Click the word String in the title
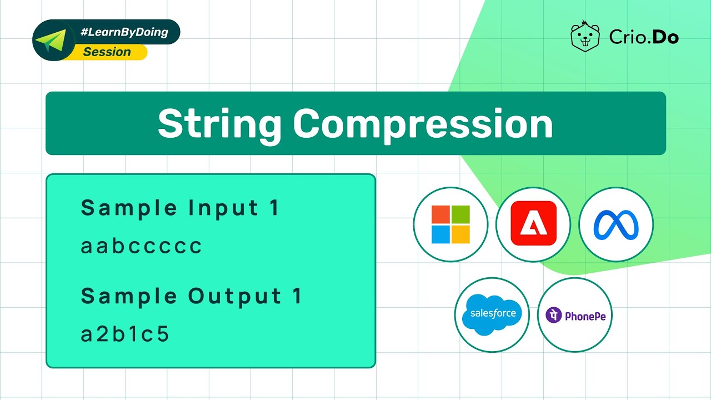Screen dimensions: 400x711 coord(221,123)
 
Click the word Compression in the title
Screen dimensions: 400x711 coord(423,123)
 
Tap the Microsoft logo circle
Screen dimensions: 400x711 coord(450,224)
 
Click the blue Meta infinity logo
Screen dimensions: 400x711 coord(616,224)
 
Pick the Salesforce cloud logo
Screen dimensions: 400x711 coord(492,314)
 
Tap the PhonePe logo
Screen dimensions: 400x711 coord(575,316)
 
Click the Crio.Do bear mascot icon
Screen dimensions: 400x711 coord(585,37)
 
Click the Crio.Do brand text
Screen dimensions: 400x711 coord(644,37)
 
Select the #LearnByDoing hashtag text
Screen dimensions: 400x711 coord(124,32)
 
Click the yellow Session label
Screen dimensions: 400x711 coord(107,52)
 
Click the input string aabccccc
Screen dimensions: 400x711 coord(142,246)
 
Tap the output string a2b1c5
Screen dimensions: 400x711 coord(125,334)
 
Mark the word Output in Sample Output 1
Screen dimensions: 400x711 coord(234,297)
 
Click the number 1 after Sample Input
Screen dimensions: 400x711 coord(273,208)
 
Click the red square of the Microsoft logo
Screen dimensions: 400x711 coord(441,215)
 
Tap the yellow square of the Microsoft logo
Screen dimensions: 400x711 coord(460,234)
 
